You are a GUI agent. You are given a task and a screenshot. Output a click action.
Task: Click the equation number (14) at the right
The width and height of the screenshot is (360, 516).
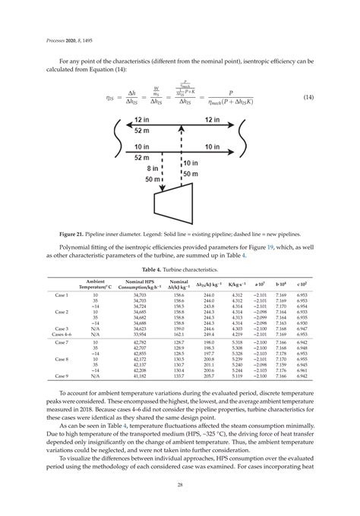coord(308,99)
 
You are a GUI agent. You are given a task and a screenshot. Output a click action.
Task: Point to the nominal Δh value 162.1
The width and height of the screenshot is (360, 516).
coord(179,334)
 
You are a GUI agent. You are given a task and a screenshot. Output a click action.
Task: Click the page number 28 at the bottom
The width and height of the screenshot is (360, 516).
coord(179,486)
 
